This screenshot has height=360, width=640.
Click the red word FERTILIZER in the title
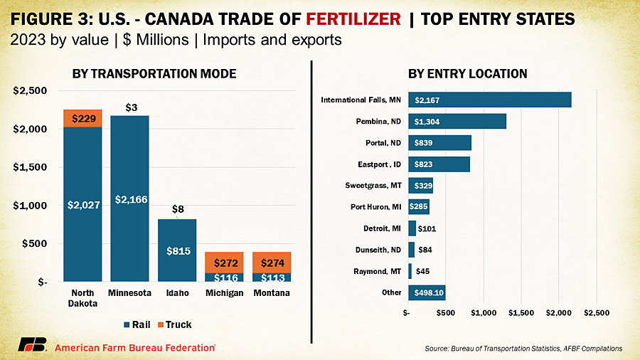click(353, 18)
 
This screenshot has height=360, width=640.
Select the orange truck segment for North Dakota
click(83, 118)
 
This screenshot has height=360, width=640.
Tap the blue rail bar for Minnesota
click(130, 198)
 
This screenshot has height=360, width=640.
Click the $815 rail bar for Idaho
click(177, 250)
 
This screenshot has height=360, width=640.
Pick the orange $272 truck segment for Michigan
click(224, 263)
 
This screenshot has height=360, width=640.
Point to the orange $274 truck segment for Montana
click(272, 263)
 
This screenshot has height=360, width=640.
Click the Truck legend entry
click(175, 324)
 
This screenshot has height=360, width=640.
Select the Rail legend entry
click(137, 324)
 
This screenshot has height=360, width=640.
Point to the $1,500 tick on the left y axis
click(30, 167)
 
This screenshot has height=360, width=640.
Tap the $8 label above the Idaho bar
click(178, 209)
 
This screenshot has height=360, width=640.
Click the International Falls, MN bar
click(490, 100)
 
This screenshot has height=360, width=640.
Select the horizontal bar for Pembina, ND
click(457, 121)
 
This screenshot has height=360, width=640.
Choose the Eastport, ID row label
click(379, 164)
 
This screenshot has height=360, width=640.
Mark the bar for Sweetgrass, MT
click(420, 186)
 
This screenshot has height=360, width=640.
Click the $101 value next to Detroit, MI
click(427, 228)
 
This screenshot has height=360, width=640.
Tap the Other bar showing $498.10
click(427, 292)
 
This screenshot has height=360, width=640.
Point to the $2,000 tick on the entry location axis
click(559, 313)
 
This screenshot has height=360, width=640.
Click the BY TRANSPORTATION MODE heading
click(154, 74)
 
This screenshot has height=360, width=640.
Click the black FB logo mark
click(32, 345)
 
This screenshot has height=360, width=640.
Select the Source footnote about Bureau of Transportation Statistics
click(523, 349)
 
